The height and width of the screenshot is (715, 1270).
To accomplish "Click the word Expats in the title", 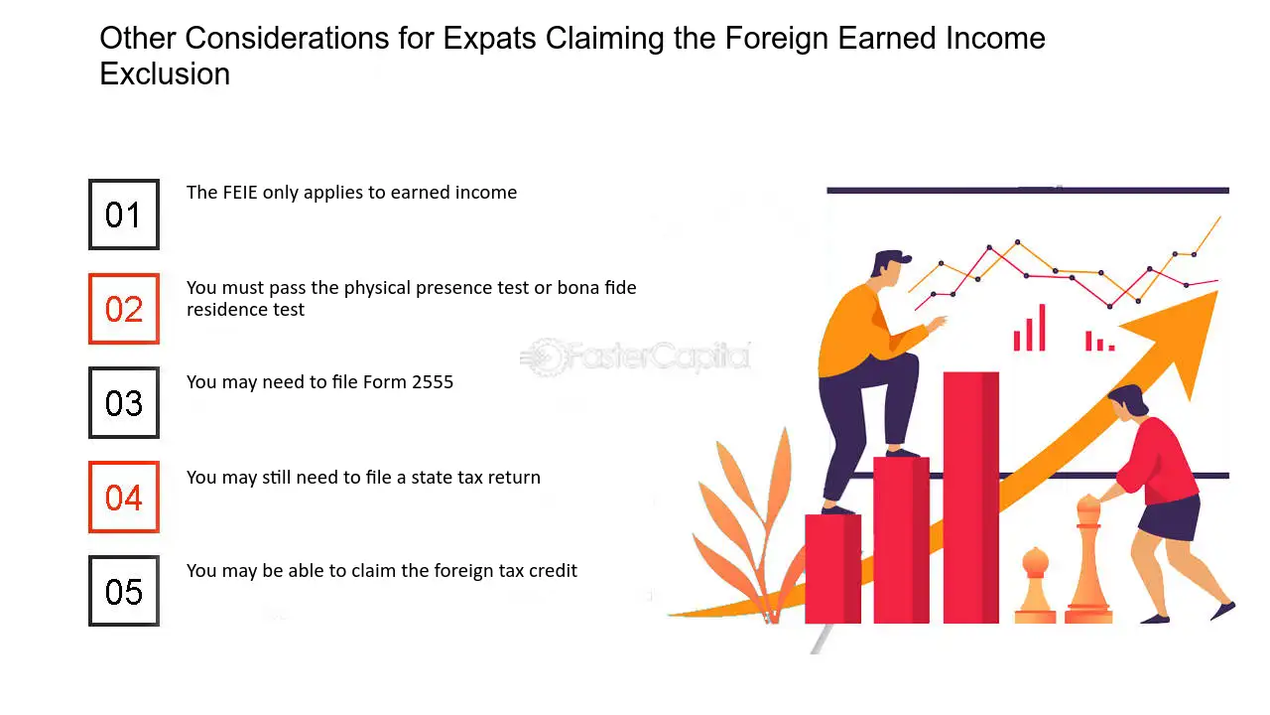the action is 489,39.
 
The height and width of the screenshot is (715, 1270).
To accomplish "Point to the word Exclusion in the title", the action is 165,73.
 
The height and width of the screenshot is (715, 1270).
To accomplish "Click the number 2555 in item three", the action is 433,382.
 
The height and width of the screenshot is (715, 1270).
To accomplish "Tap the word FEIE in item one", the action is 240,193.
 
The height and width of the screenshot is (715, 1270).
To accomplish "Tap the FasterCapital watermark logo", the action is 636,357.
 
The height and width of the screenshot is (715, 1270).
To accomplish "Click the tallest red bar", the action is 970,498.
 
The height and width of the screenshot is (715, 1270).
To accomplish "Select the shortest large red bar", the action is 832,569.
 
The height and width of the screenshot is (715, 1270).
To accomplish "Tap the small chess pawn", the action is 1035,585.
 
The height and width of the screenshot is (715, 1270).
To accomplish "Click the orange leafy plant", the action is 748,527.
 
